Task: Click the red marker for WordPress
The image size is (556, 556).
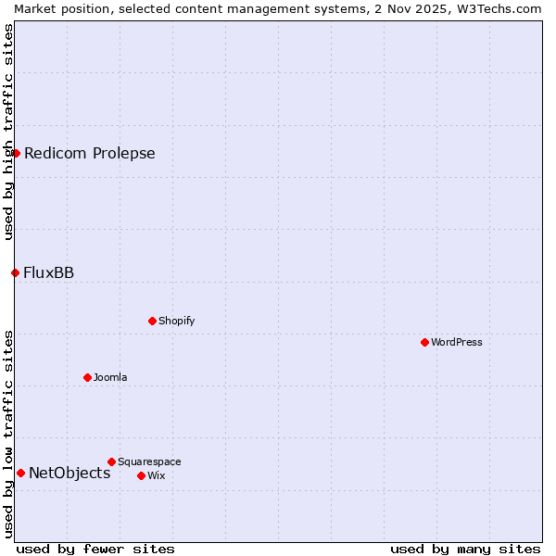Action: point(425,342)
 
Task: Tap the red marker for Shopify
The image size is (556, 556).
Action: point(153,321)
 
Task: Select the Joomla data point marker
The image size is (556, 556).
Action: point(88,377)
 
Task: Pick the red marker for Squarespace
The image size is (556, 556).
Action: point(112,461)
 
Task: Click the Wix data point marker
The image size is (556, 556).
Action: point(142,475)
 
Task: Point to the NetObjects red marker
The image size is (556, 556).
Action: point(20,473)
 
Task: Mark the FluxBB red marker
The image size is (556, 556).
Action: point(15,272)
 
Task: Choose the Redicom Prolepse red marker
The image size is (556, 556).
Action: point(16,153)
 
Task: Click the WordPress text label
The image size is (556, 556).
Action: point(457,342)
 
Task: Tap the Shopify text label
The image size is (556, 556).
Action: point(177,321)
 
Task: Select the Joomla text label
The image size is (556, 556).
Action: point(110,377)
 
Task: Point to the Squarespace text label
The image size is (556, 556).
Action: point(149,461)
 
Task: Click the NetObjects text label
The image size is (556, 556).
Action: point(69,473)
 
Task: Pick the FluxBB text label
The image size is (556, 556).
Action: point(49,272)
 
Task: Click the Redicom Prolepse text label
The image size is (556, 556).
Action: point(90,153)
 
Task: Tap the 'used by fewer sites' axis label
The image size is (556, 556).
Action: point(95,549)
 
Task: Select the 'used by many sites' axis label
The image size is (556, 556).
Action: point(465,549)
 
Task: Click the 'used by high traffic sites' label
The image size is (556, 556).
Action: point(8,132)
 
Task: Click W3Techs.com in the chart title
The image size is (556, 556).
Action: point(497,8)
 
